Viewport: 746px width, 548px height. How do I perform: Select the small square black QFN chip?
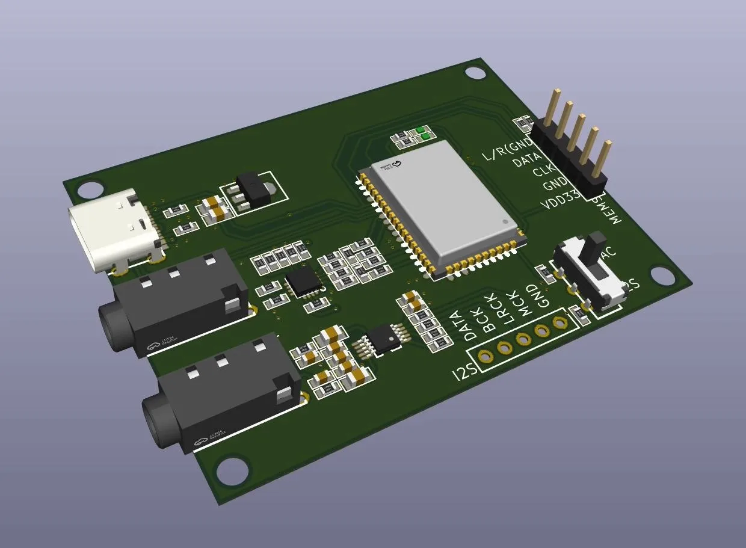click(x=304, y=282)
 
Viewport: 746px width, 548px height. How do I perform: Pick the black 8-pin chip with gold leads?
click(x=384, y=337)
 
